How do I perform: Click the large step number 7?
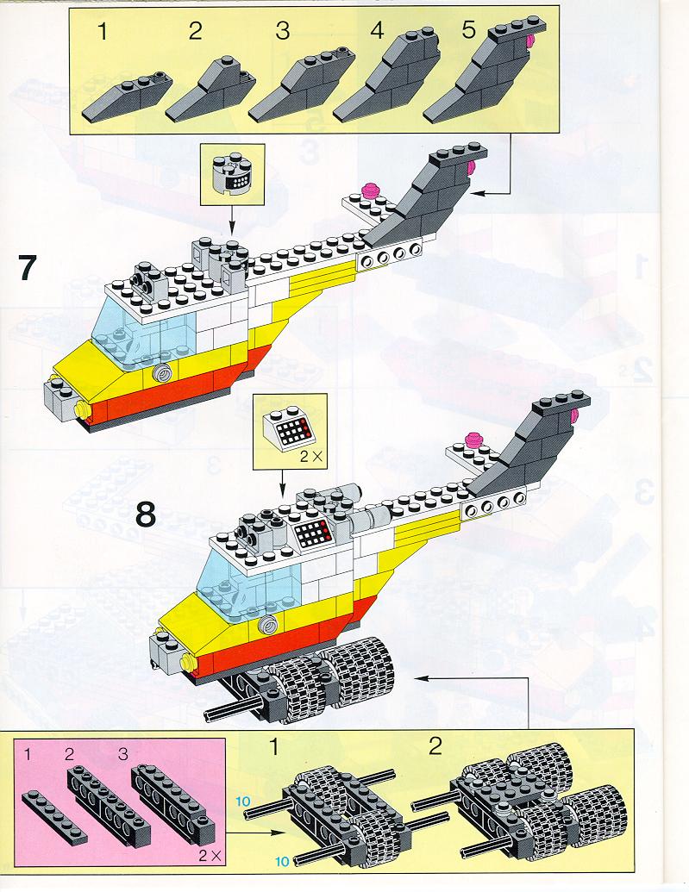27,268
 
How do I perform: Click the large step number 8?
146,515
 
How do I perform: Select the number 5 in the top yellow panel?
468,31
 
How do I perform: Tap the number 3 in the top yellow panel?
282,33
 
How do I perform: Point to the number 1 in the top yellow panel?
103,33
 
